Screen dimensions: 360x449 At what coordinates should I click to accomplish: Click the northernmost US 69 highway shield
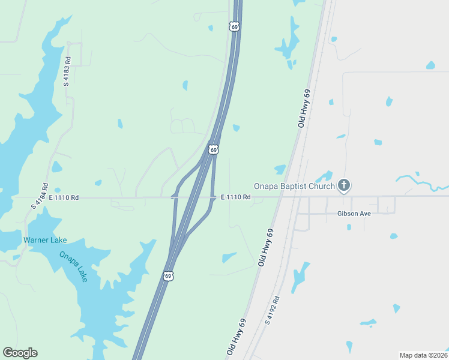pyautogui.click(x=234, y=26)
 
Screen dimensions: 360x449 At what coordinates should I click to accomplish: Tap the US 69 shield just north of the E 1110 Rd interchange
pyautogui.click(x=213, y=149)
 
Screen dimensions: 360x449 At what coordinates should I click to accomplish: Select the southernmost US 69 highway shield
pyautogui.click(x=169, y=276)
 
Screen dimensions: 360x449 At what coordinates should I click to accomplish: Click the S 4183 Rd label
pyautogui.click(x=67, y=71)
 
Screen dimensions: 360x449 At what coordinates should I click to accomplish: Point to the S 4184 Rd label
pyautogui.click(x=39, y=196)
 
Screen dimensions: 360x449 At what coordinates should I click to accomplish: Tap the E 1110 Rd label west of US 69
pyautogui.click(x=64, y=197)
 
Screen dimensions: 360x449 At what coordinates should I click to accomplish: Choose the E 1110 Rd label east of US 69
pyautogui.click(x=235, y=197)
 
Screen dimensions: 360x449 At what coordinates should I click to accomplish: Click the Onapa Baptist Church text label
pyautogui.click(x=294, y=186)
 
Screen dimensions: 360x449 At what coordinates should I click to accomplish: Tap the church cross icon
pyautogui.click(x=344, y=185)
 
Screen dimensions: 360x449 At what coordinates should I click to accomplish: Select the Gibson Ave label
pyautogui.click(x=354, y=214)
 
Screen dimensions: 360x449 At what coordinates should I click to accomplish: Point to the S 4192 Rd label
pyautogui.click(x=272, y=310)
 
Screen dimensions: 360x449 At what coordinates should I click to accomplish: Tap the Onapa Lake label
pyautogui.click(x=73, y=266)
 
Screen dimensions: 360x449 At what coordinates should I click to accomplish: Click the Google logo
pyautogui.click(x=20, y=353)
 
